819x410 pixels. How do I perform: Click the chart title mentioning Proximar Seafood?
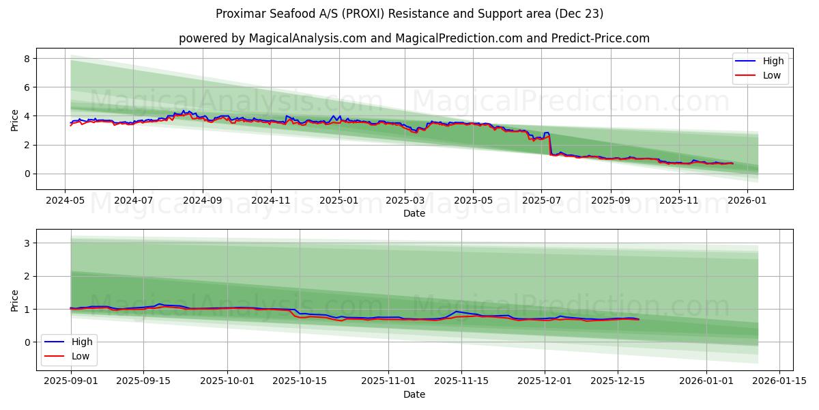click(x=409, y=14)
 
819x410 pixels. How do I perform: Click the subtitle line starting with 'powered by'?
click(x=414, y=38)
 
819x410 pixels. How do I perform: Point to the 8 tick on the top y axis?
click(x=27, y=59)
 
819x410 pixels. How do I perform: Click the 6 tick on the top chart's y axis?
click(x=27, y=87)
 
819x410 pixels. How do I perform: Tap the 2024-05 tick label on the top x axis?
click(x=65, y=201)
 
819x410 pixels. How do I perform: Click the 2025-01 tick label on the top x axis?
click(x=339, y=201)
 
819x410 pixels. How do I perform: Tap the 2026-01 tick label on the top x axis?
click(x=747, y=201)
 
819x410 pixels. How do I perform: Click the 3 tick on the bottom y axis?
click(x=27, y=243)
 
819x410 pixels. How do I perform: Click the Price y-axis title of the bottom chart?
click(x=15, y=300)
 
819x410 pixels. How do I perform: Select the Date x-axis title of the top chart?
click(x=414, y=213)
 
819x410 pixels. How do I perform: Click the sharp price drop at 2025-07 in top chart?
click(x=549, y=145)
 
